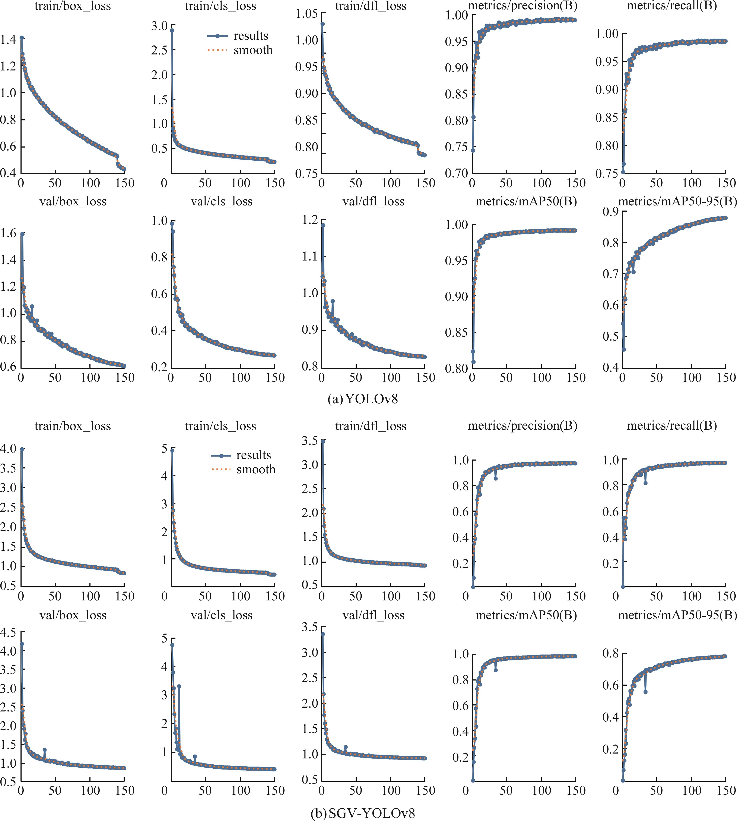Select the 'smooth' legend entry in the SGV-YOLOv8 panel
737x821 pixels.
(255, 469)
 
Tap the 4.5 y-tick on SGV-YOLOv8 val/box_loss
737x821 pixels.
(8, 632)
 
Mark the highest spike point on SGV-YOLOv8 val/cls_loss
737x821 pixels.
(179, 686)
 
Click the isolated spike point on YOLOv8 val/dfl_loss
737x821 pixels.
(333, 301)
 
